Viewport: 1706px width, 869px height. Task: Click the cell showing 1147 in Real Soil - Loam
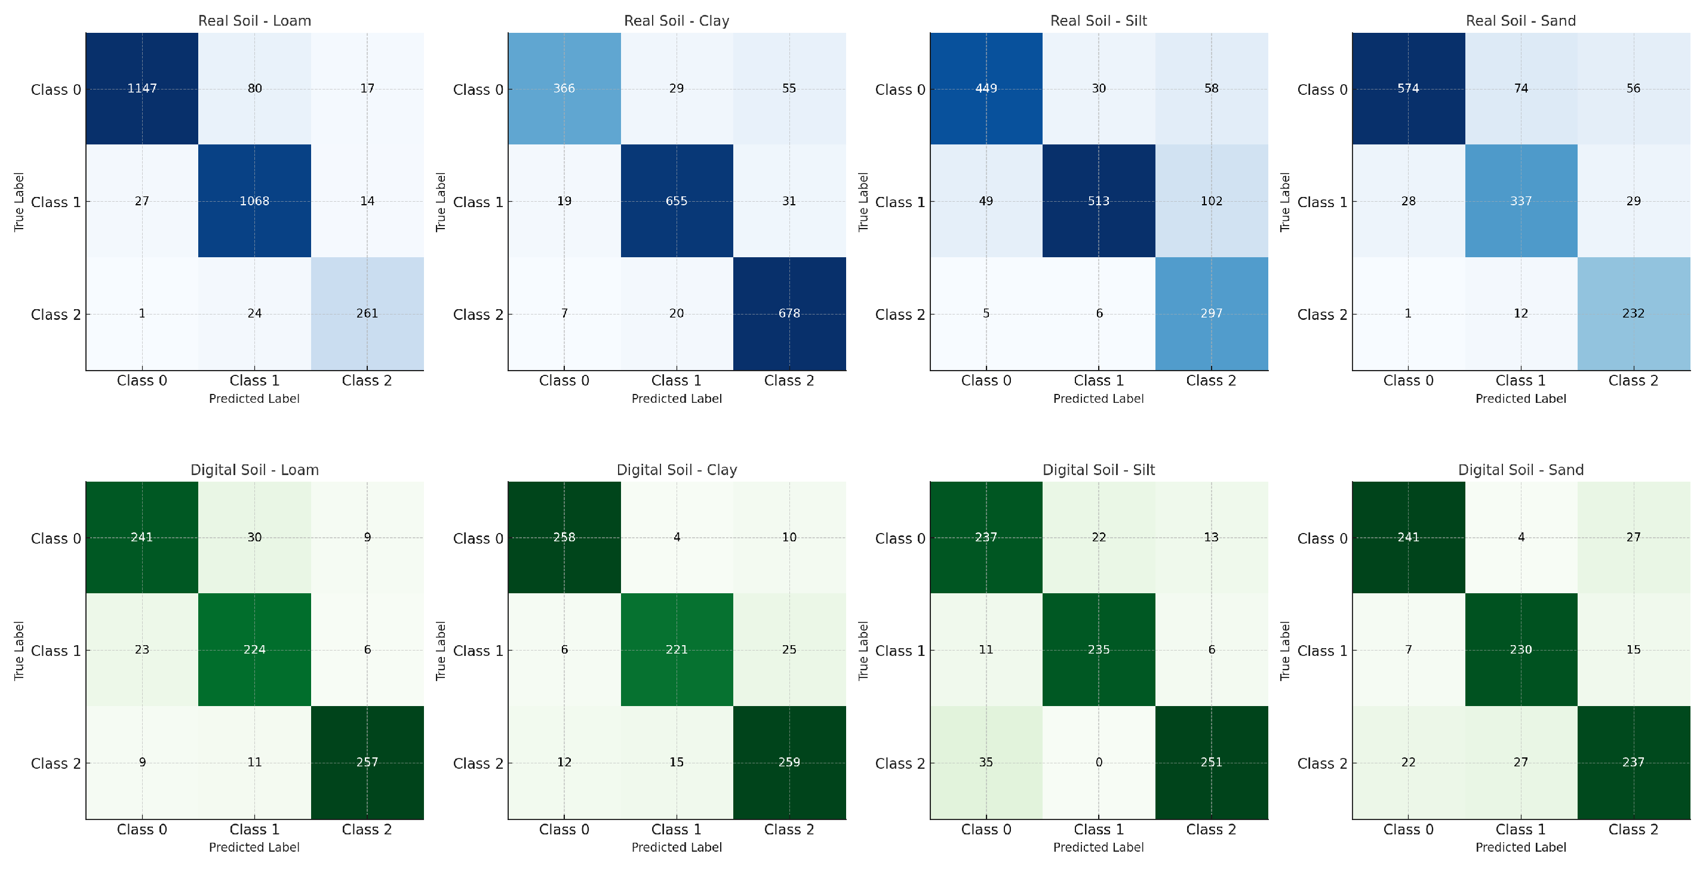tap(142, 89)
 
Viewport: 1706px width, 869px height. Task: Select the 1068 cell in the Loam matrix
tap(254, 201)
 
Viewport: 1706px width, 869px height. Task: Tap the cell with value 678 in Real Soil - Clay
tap(789, 314)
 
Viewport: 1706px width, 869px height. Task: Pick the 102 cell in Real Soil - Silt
tap(1212, 201)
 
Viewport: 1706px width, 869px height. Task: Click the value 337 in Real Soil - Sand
tap(1520, 201)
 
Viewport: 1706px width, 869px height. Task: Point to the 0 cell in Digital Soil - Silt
tap(1099, 762)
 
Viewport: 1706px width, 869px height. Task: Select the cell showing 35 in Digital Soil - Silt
tap(986, 762)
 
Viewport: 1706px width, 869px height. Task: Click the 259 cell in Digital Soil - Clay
tap(789, 762)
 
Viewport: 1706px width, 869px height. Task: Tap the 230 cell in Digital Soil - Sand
tap(1520, 650)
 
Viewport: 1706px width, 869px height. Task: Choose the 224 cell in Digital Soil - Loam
tap(254, 650)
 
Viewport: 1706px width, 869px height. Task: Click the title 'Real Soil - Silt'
tap(1099, 20)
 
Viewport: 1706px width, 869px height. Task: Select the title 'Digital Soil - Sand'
tap(1520, 470)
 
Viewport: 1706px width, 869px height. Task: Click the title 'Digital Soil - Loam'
tap(254, 470)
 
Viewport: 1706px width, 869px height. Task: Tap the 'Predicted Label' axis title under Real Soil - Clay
tap(676, 399)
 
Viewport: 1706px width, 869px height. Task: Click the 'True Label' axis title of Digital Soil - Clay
tap(441, 651)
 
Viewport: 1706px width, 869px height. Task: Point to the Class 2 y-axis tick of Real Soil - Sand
tap(1322, 315)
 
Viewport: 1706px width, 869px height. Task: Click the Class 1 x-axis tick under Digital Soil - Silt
tap(1099, 829)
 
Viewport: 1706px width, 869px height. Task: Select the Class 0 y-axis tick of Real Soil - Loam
tap(56, 90)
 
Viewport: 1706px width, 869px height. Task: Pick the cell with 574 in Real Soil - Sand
tap(1408, 89)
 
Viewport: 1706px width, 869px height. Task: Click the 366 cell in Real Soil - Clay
tap(564, 89)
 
